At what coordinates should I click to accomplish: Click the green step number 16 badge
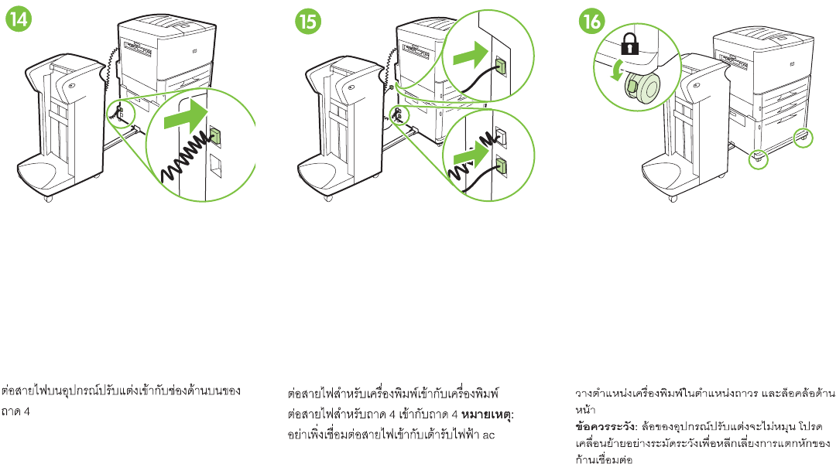593,22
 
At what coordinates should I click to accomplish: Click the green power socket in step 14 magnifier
215,136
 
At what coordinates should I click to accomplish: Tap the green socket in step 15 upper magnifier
500,67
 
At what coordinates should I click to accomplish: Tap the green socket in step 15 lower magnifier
501,165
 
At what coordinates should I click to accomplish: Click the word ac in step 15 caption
488,435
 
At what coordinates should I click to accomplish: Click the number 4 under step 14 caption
26,411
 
